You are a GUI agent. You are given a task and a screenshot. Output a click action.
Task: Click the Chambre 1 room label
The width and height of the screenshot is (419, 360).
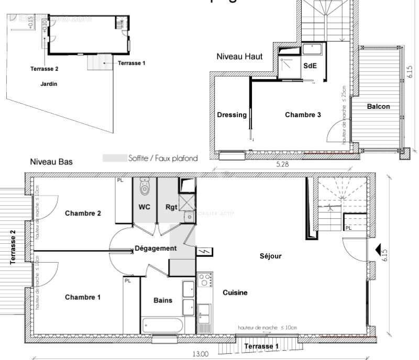click(x=82, y=297)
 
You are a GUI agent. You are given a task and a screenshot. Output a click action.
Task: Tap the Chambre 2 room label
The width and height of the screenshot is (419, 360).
click(x=82, y=213)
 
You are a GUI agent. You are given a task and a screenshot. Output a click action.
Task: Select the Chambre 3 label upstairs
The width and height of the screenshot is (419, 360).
click(x=303, y=115)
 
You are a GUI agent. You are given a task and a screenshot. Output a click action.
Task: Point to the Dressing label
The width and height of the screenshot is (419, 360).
click(x=231, y=115)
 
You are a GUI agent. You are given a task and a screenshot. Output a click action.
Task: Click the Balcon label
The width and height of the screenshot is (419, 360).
click(x=378, y=106)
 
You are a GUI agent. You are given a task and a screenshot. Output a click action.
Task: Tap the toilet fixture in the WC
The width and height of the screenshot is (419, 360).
click(x=145, y=186)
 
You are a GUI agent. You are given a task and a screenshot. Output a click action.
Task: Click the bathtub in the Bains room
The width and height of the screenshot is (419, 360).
click(x=162, y=325)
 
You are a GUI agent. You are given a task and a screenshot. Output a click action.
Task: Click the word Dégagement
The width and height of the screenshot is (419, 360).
click(x=156, y=248)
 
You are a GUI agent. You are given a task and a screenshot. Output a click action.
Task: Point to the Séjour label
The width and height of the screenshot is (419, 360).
click(x=271, y=256)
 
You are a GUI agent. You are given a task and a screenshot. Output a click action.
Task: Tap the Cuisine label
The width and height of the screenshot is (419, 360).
click(x=235, y=292)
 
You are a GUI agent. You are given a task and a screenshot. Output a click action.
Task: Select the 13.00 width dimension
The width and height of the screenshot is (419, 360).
click(x=200, y=354)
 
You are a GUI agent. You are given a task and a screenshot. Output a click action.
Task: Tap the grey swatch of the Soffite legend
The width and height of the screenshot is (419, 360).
click(x=113, y=158)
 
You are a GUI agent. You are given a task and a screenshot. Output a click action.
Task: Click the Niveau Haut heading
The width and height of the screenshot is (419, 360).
click(x=239, y=56)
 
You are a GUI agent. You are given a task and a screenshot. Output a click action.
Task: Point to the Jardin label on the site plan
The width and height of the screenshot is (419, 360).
click(x=49, y=84)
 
